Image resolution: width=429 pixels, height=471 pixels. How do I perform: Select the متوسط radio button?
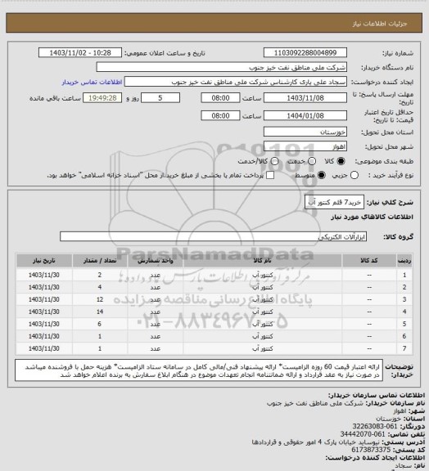274,175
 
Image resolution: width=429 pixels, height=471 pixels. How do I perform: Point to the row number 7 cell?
404,350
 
